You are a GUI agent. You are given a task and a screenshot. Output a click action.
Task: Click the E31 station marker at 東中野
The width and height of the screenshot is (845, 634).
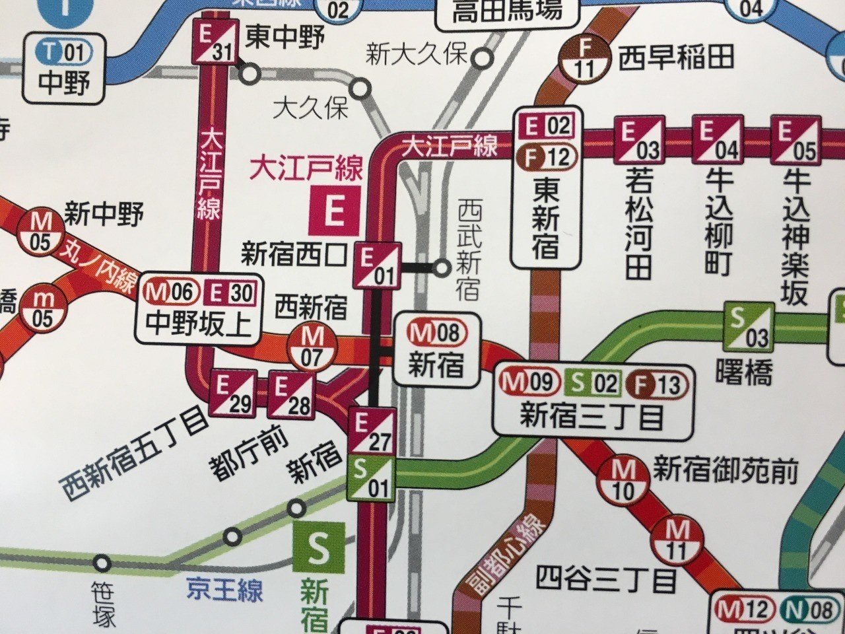point(215,42)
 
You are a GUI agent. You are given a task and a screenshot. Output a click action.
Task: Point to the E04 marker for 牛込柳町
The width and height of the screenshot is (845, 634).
point(718,139)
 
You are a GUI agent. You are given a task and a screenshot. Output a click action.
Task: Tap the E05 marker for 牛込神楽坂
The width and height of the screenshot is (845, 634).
point(795,139)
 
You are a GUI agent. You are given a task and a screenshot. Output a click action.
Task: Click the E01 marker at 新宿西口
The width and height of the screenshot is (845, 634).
point(377,265)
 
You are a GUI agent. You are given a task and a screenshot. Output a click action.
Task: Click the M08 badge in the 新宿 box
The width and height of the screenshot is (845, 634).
point(436,333)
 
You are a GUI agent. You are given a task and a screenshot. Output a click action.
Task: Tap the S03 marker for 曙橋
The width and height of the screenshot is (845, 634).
point(749,327)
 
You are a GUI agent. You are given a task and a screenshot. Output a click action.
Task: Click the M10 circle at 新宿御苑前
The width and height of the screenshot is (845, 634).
point(623,480)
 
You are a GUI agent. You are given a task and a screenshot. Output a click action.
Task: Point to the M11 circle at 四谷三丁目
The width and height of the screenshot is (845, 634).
point(677,540)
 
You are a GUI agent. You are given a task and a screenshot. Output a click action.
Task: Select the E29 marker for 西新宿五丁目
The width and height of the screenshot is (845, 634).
point(232,394)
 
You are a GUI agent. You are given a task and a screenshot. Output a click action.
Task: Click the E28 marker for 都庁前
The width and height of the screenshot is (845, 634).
point(291,395)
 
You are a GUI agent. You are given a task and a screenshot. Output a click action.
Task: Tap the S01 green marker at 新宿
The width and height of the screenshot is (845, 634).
point(372,479)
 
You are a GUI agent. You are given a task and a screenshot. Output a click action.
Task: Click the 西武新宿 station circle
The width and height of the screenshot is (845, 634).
point(442,267)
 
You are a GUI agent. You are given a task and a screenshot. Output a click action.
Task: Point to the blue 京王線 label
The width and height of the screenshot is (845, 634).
point(224,589)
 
